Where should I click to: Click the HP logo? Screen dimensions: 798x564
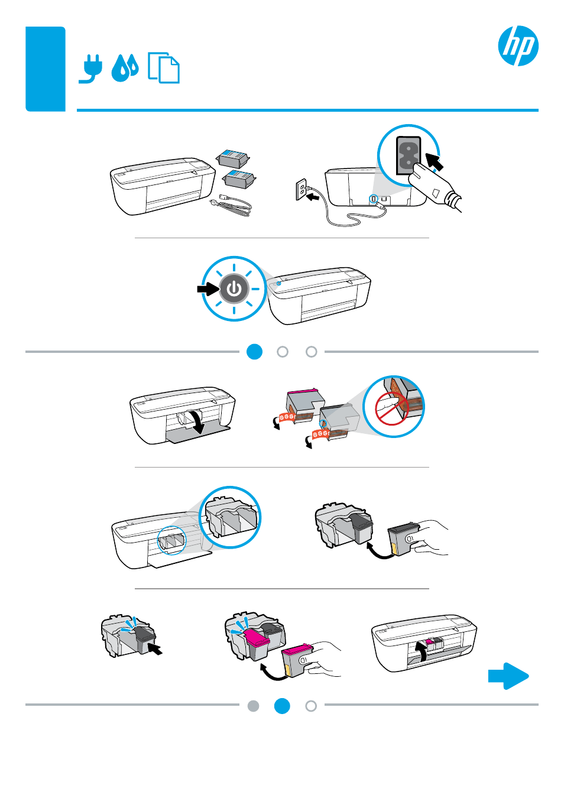click(518, 46)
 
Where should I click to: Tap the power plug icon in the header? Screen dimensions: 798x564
click(91, 69)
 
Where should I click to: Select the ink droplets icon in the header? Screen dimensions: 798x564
click(125, 68)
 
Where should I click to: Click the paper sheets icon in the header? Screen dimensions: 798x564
click(164, 68)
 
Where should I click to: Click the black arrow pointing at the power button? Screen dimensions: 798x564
click(208, 288)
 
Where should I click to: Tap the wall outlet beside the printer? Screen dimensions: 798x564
click(301, 190)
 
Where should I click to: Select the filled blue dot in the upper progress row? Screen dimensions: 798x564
click(254, 352)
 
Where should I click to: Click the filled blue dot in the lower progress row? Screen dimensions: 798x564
click(282, 706)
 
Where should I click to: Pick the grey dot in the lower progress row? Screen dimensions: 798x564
click(254, 706)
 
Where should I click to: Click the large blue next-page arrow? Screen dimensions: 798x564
click(508, 676)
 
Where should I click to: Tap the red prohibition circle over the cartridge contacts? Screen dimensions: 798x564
click(390, 408)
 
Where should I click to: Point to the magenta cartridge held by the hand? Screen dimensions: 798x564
click(297, 660)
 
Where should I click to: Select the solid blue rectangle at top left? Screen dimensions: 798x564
click(46, 69)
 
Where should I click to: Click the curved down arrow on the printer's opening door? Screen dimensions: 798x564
click(195, 421)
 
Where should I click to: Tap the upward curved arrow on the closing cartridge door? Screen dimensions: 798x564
click(421, 652)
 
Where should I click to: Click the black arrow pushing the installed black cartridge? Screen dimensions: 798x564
click(155, 649)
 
